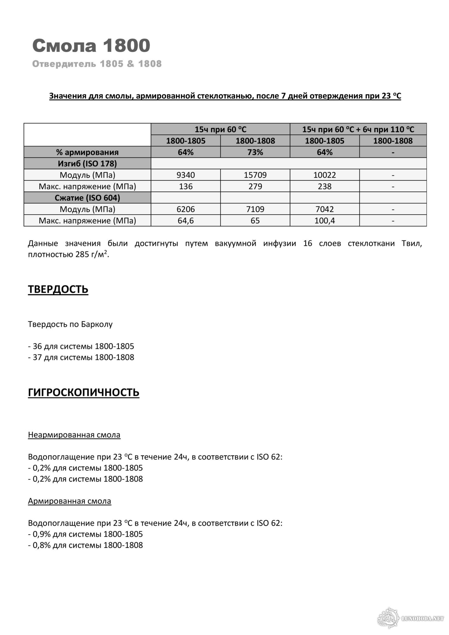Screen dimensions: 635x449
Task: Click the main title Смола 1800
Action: pos(91,45)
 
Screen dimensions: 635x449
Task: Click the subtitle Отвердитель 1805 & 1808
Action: pos(97,64)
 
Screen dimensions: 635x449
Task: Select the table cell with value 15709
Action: pos(255,175)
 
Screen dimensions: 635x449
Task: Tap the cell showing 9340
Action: pos(186,175)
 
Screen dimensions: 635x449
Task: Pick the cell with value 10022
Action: pos(324,175)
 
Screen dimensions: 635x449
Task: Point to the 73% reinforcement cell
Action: pos(255,152)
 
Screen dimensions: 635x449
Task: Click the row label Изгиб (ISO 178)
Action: pos(87,164)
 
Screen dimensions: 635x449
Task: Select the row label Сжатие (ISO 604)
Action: pos(87,198)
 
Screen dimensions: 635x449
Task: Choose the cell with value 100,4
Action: pos(324,221)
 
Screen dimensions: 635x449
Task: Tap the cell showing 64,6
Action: pos(186,221)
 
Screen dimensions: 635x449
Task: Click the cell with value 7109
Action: pos(255,209)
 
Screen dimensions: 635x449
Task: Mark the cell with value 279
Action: pos(255,186)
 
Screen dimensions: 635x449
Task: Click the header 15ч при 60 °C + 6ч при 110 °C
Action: pos(358,129)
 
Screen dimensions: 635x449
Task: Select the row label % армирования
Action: pos(87,152)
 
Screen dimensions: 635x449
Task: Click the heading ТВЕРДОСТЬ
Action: pos(58,290)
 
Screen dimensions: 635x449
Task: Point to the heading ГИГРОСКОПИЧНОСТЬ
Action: pos(84,393)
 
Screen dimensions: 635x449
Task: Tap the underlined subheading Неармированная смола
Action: pos(74,435)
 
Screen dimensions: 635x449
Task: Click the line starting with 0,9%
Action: pos(85,534)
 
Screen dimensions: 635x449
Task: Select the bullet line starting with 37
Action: pos(81,357)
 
